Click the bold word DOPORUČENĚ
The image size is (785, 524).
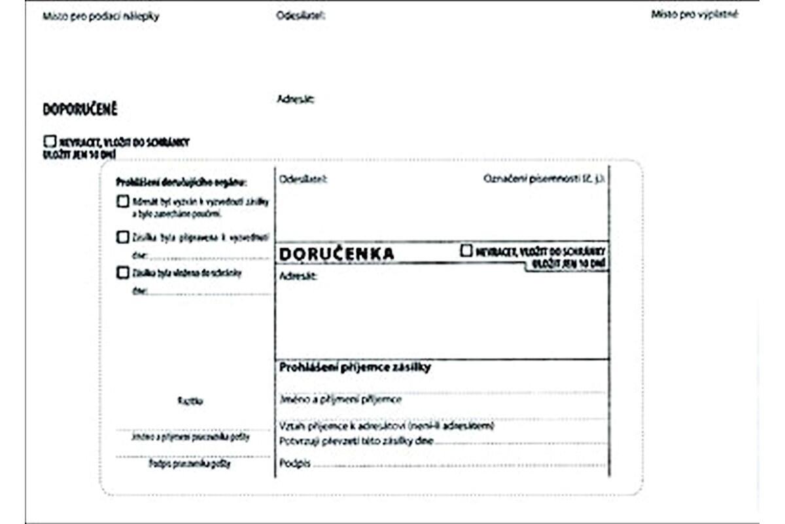coord(80,109)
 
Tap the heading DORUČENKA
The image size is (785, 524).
coord(337,254)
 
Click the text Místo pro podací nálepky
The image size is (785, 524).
coord(101,17)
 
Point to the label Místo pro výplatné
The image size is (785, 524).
coord(694,14)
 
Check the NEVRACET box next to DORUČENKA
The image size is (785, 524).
coord(466,251)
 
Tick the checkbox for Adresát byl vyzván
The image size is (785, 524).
coord(122,202)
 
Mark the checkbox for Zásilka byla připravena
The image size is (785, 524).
coord(122,238)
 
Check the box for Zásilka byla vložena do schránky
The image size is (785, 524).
coord(122,273)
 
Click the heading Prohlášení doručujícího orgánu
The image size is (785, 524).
coord(181,182)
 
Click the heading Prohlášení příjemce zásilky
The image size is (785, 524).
coord(355,368)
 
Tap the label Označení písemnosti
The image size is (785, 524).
coord(544,179)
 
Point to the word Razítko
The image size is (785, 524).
coord(190,402)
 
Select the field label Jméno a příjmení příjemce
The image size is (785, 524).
coord(341,399)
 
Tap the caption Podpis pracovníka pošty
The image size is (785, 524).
coord(190,464)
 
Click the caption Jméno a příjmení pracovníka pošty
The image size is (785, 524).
coord(190,436)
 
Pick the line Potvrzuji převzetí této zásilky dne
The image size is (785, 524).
coord(356,441)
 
